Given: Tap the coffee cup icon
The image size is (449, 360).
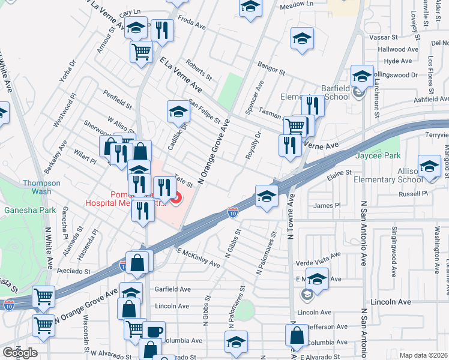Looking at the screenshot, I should click(154, 332).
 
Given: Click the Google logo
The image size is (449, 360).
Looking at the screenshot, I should click(20, 353).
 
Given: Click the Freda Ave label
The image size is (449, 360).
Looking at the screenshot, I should click(192, 27).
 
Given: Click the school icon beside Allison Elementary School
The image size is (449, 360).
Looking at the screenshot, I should click(429, 166).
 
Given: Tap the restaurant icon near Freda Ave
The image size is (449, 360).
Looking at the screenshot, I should click(161, 29).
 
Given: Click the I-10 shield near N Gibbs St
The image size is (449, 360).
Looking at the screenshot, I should click(233, 212).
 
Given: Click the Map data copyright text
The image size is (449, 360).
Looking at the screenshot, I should click(424, 355).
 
